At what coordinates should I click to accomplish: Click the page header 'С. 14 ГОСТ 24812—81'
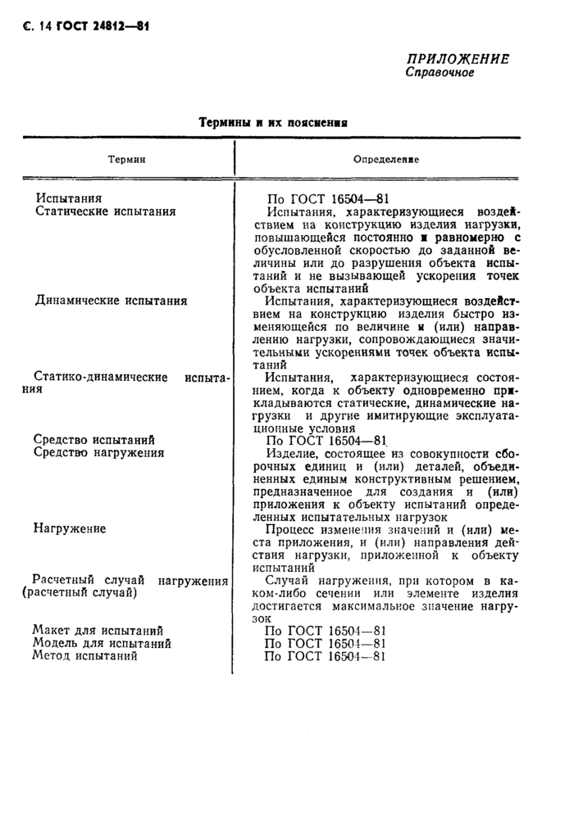tap(80, 26)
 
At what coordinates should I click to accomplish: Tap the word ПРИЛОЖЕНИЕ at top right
tap(458, 59)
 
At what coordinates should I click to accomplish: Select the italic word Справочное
tap(440, 73)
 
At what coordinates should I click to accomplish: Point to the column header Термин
tap(127, 159)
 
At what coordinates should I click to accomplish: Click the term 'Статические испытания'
tap(106, 211)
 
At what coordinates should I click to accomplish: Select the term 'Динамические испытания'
tap(111, 301)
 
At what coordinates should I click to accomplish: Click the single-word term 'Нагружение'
tap(70, 528)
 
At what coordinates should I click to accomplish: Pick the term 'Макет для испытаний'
tap(98, 630)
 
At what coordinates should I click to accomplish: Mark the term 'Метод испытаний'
tap(85, 656)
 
